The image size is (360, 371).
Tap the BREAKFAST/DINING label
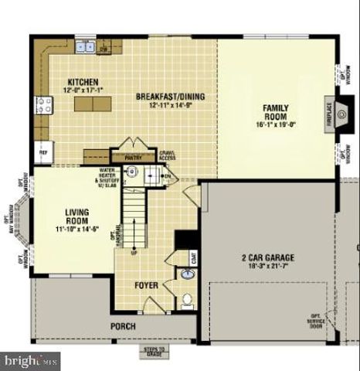(170, 97)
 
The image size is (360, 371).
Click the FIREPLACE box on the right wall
(328, 114)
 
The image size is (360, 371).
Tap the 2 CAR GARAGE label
(273, 257)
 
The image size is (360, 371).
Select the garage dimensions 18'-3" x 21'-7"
(273, 265)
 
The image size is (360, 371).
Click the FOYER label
(146, 285)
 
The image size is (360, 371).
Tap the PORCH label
(123, 326)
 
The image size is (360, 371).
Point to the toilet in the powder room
(186, 299)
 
